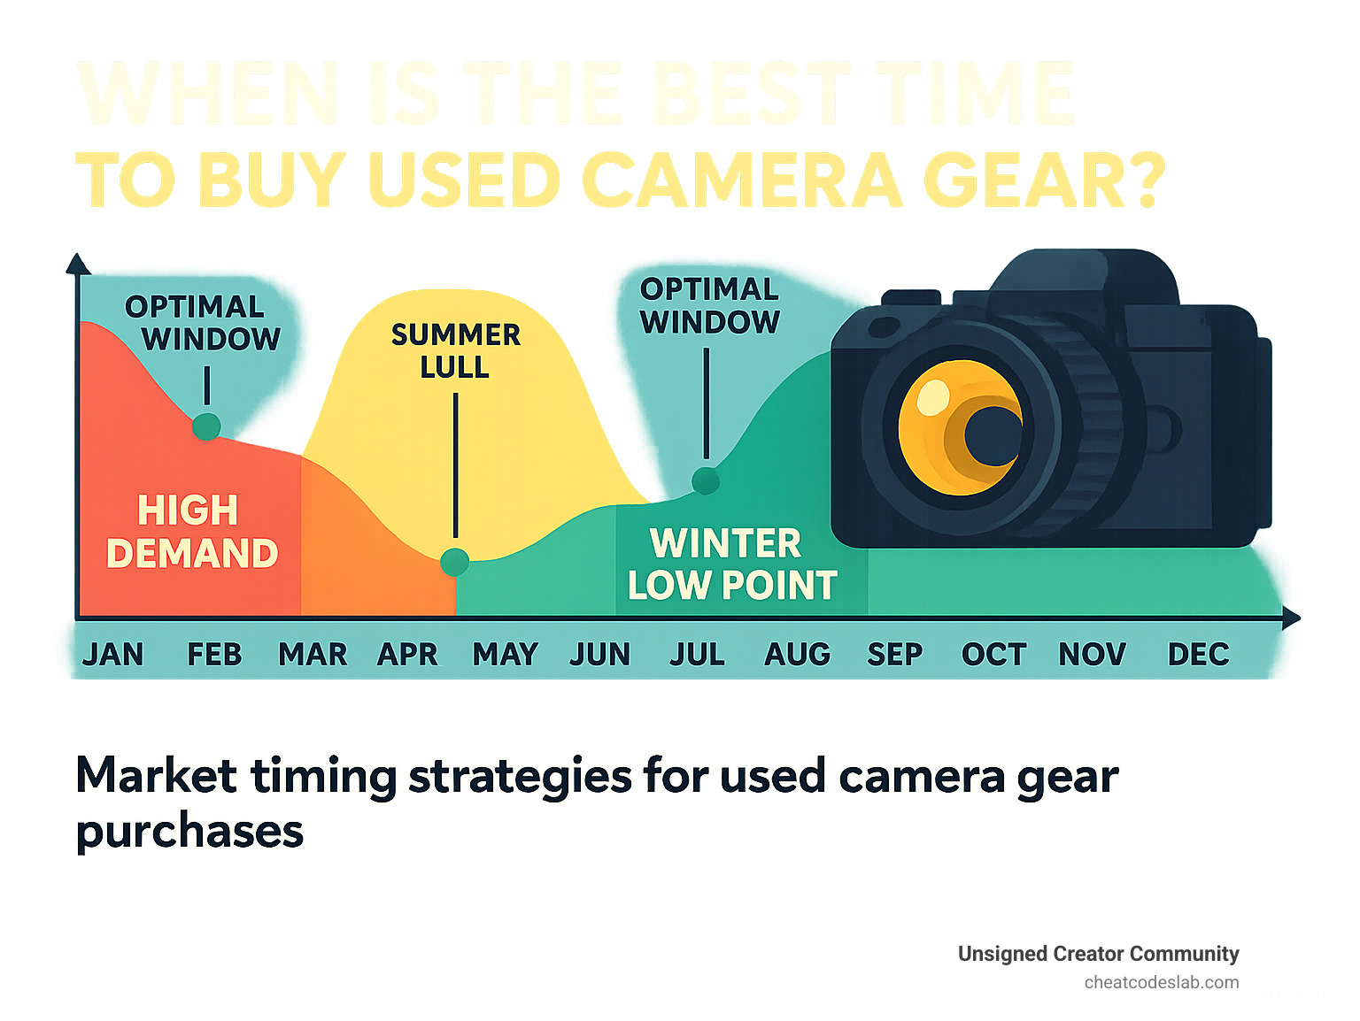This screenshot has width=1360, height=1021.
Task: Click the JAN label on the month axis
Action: click(112, 655)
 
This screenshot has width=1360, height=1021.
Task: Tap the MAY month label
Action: click(505, 655)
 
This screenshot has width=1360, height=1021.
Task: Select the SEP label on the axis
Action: click(894, 655)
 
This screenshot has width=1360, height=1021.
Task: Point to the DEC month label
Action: click(1198, 655)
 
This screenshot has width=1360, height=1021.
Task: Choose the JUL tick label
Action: click(697, 655)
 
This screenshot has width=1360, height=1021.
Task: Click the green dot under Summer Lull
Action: click(455, 562)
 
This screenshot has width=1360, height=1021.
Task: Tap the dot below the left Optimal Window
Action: click(206, 426)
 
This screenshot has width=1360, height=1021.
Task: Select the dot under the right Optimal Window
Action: click(706, 480)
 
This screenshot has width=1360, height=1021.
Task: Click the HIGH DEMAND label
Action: click(191, 532)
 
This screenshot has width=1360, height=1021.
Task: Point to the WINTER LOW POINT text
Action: click(730, 564)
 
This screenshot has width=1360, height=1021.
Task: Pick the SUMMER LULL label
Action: click(455, 350)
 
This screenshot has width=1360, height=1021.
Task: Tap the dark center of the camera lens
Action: click(992, 434)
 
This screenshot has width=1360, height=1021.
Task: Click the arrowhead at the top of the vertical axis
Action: click(78, 264)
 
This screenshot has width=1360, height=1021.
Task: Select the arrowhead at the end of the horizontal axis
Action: click(1291, 618)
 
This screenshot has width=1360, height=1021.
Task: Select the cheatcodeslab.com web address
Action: click(1161, 982)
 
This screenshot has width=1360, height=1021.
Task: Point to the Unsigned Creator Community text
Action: click(1098, 954)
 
